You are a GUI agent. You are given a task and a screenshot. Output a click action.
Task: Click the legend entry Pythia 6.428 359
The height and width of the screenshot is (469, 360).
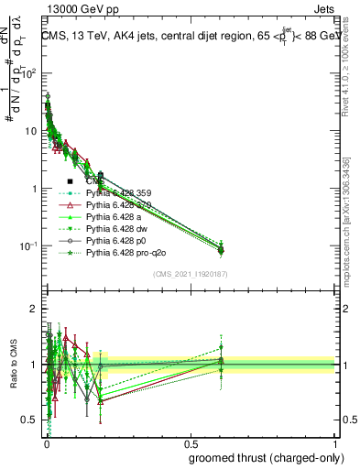coord(118,193)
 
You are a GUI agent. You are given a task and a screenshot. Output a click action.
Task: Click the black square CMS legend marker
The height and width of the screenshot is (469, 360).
coord(71,182)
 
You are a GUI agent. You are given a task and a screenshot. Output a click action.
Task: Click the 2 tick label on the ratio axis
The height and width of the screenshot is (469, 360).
coord(36,309)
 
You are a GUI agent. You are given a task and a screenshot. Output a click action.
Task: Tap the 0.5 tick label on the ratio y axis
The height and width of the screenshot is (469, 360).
coord(32,420)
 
